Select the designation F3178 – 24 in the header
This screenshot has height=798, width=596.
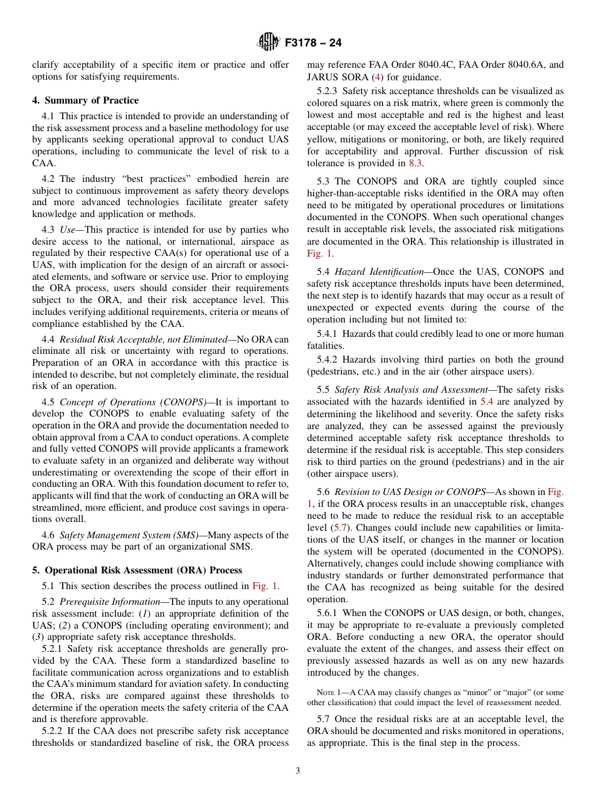[312, 43]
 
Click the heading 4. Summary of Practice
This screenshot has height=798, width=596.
[85, 100]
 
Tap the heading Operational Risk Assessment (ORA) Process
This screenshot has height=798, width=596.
[143, 570]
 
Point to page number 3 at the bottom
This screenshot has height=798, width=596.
[298, 770]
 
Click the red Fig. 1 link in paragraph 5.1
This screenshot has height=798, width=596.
[265, 586]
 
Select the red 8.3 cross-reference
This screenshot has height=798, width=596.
[416, 163]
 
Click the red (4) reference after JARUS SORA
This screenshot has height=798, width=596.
[376, 77]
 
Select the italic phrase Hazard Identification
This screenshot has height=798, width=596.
[379, 272]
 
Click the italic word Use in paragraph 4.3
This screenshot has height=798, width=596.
[67, 230]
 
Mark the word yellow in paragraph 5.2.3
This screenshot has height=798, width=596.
[321, 139]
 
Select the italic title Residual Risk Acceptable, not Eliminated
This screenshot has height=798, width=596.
[142, 339]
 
